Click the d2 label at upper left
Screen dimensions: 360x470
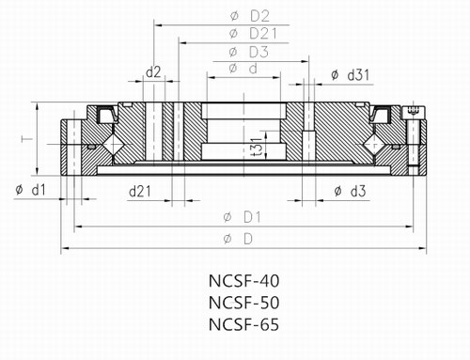[x=153, y=71]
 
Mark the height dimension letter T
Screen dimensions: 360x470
[x=21, y=140]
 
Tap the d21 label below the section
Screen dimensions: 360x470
[x=140, y=191]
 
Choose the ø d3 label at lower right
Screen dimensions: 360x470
[x=350, y=191]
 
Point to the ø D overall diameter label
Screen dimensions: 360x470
[x=240, y=241]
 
